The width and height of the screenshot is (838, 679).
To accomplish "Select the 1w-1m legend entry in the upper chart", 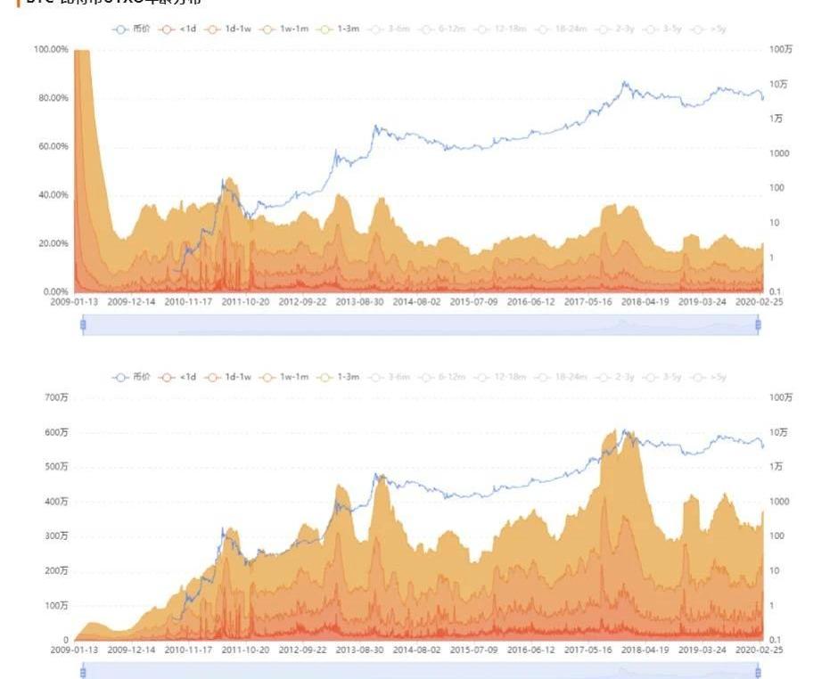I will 289,29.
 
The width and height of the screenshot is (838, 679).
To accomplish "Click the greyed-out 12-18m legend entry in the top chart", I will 505,29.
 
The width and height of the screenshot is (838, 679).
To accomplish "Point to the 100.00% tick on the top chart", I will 51,49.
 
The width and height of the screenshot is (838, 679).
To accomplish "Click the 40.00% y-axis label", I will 53,195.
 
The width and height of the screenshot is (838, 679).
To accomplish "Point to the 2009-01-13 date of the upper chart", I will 74,302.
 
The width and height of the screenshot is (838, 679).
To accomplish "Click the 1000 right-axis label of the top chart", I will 780,153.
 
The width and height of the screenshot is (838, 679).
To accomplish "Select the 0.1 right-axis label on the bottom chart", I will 776,641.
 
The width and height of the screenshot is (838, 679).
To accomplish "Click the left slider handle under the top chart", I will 83,325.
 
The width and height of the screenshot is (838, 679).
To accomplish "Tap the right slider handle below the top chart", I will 759,325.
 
